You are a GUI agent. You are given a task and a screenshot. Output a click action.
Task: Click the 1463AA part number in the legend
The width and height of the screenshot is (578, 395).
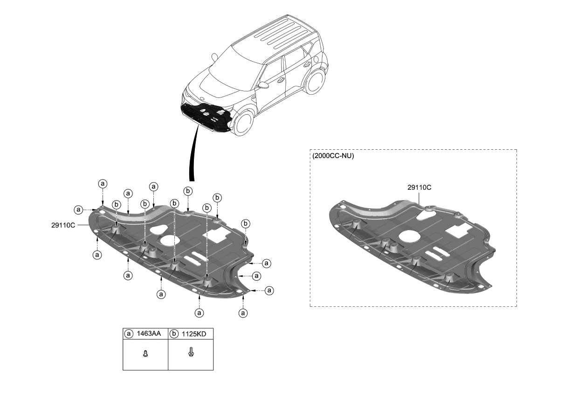(x=148, y=333)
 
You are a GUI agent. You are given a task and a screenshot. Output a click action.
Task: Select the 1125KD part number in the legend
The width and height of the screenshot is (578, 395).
(x=195, y=333)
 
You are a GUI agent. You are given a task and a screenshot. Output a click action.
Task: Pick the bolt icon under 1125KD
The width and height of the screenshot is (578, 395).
(x=191, y=352)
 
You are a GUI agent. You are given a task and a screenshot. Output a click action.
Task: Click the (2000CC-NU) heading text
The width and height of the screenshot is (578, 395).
(x=332, y=156)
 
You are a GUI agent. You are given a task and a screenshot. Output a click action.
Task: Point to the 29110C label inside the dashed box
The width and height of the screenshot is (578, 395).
(x=419, y=187)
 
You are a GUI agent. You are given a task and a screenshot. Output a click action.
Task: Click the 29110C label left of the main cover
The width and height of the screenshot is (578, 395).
(x=63, y=225)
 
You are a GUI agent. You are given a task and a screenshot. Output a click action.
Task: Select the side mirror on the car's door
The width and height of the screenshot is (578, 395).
(x=264, y=85)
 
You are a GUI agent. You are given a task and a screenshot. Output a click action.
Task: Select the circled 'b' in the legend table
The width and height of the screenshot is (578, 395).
(x=174, y=333)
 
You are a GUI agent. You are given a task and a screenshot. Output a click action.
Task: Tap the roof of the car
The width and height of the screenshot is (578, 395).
(x=275, y=35)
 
